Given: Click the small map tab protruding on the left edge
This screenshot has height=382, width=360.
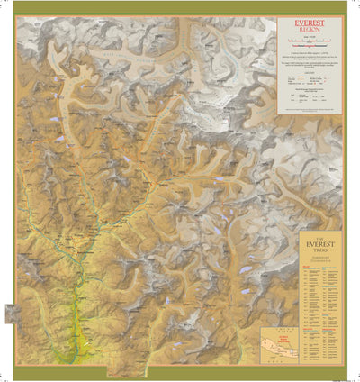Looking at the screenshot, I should [11, 314].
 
